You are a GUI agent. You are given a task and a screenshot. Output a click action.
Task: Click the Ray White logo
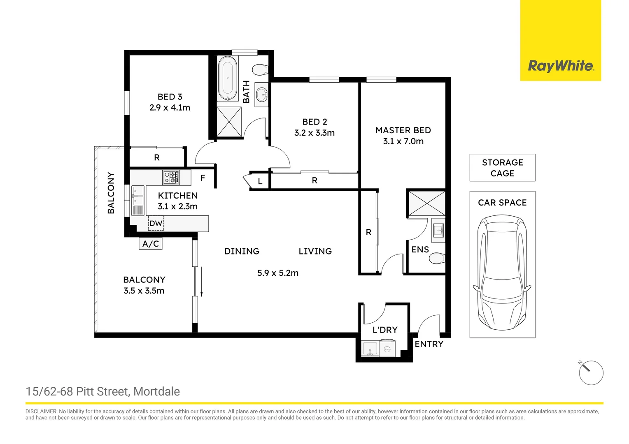(560, 66)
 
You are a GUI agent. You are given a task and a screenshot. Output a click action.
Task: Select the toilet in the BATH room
(260, 69)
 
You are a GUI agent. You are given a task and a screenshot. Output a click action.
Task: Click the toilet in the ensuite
(437, 259)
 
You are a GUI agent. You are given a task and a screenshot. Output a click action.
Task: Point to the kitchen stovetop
(171, 177)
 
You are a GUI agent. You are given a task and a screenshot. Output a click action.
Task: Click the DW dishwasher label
(156, 224)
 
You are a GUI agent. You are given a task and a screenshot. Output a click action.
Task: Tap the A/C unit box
(150, 244)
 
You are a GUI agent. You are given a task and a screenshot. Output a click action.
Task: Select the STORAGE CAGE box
(502, 168)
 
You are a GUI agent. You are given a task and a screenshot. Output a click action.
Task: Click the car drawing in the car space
(502, 273)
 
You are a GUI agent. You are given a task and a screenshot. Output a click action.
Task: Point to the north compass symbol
(591, 373)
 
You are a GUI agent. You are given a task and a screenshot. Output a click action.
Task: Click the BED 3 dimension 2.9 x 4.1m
(170, 108)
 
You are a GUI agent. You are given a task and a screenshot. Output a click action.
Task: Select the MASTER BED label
(403, 130)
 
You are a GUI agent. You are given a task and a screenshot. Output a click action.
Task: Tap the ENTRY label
(429, 344)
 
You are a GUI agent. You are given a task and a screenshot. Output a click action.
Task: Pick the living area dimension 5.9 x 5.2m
(278, 273)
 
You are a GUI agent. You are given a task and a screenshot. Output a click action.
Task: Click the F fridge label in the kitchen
(203, 178)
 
